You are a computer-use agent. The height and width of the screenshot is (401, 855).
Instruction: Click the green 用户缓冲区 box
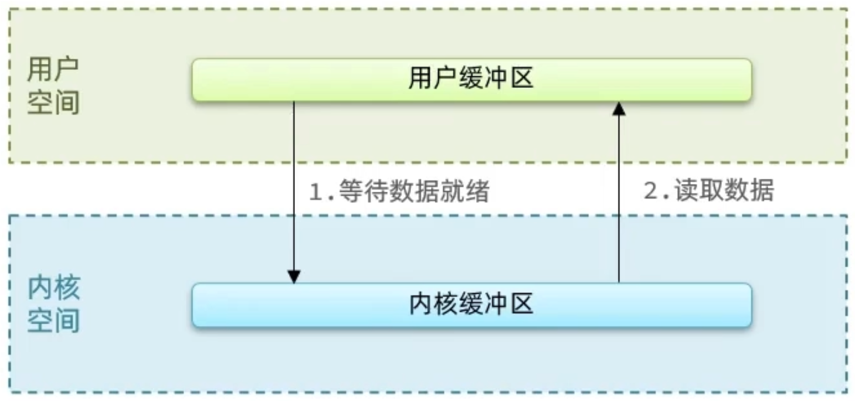471,80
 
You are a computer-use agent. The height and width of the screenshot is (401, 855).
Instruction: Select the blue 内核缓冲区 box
471,305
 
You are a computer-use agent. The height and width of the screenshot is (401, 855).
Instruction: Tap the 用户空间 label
53,86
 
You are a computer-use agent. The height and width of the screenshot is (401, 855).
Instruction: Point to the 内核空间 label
53,304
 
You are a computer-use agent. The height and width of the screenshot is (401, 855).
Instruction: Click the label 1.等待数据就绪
399,192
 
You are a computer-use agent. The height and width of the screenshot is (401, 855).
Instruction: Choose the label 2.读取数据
708,191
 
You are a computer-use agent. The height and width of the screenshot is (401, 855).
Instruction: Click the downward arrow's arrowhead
294,276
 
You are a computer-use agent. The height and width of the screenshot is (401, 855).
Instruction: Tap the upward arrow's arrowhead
619,108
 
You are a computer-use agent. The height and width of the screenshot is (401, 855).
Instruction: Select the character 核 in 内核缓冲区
446,305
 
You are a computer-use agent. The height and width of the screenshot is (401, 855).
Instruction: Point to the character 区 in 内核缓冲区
521,305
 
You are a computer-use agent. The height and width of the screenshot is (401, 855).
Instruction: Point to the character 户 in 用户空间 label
66,70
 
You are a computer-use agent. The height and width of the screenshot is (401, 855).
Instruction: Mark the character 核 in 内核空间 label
66,288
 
